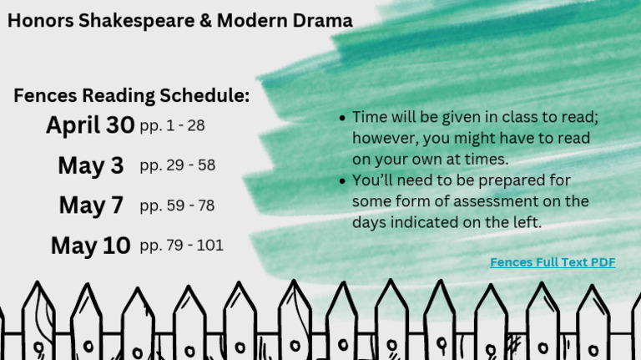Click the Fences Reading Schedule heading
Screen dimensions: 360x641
click(131, 96)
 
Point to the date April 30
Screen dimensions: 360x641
click(90, 125)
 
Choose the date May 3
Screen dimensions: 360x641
click(91, 165)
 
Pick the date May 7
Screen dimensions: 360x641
click(91, 205)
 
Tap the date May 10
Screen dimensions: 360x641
click(90, 246)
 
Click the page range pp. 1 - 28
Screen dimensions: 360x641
click(172, 126)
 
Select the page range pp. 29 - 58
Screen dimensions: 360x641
click(177, 165)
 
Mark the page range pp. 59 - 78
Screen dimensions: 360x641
click(177, 205)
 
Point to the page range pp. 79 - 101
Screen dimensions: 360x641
click(181, 246)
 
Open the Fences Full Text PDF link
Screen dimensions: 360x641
click(553, 262)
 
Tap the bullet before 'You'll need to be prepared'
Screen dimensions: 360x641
click(342, 180)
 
